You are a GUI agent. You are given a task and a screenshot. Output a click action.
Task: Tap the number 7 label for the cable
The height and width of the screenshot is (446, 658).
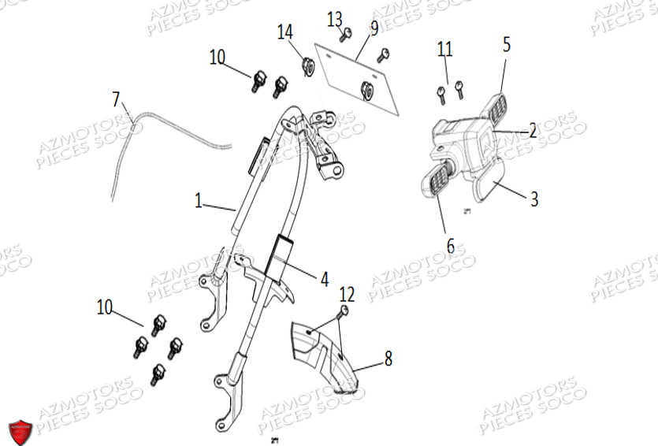point(117,99)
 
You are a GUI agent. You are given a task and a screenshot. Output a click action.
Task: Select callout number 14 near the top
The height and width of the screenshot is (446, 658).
point(284,32)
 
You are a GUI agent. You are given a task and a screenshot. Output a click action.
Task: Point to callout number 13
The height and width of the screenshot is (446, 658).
point(335,17)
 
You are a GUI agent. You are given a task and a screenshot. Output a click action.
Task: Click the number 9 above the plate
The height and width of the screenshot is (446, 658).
point(374,28)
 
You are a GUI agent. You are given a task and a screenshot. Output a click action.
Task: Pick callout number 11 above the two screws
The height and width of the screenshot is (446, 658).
point(445,50)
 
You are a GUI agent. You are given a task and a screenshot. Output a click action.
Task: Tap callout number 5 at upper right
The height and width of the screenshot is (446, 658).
point(507,44)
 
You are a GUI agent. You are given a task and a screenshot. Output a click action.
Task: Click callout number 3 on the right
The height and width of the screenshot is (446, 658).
point(533,199)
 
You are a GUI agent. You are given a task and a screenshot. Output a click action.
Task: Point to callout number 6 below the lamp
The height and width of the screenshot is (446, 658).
point(451,246)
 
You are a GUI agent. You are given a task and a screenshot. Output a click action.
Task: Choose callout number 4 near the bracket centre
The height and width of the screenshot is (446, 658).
point(324,277)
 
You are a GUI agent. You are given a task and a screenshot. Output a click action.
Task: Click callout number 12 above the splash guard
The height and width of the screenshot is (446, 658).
point(347,295)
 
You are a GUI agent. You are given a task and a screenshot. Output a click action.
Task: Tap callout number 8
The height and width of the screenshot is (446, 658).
point(388,359)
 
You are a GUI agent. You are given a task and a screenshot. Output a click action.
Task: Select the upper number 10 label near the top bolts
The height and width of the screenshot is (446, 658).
point(217,57)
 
